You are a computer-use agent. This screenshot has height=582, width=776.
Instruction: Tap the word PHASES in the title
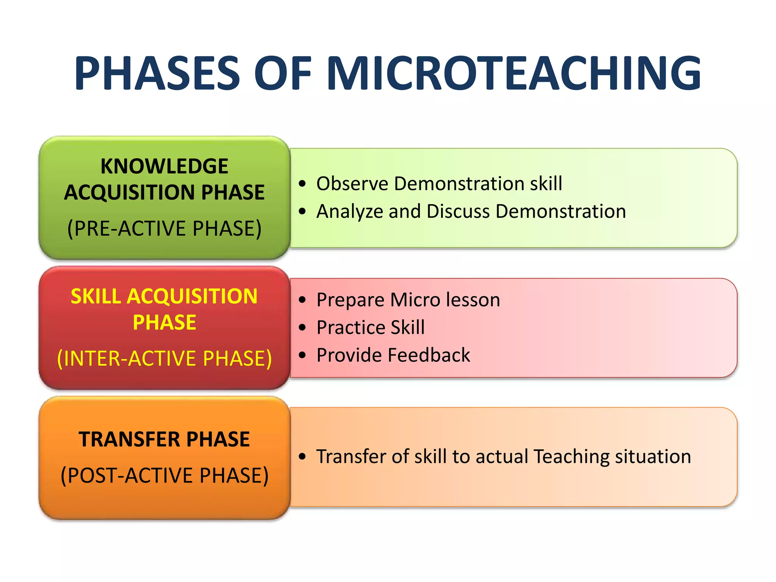[157, 73]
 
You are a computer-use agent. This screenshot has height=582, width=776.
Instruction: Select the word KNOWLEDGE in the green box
[164, 166]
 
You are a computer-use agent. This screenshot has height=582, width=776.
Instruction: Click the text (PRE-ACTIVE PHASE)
[164, 228]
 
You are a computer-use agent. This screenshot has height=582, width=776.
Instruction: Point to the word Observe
[352, 184]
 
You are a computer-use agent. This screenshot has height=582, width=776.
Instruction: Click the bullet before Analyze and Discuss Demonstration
[302, 211]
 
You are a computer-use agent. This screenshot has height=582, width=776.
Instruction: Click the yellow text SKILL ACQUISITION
[164, 296]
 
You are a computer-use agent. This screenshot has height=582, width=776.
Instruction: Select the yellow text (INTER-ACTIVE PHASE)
[164, 358]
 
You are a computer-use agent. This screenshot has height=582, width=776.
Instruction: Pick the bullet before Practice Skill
[302, 327]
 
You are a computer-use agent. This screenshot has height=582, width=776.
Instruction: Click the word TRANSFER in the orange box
[129, 440]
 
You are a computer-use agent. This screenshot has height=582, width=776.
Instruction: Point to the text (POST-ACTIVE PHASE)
[164, 476]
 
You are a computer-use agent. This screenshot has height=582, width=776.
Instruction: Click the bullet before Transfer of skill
[302, 457]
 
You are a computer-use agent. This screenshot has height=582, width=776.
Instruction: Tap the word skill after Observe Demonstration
[546, 184]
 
